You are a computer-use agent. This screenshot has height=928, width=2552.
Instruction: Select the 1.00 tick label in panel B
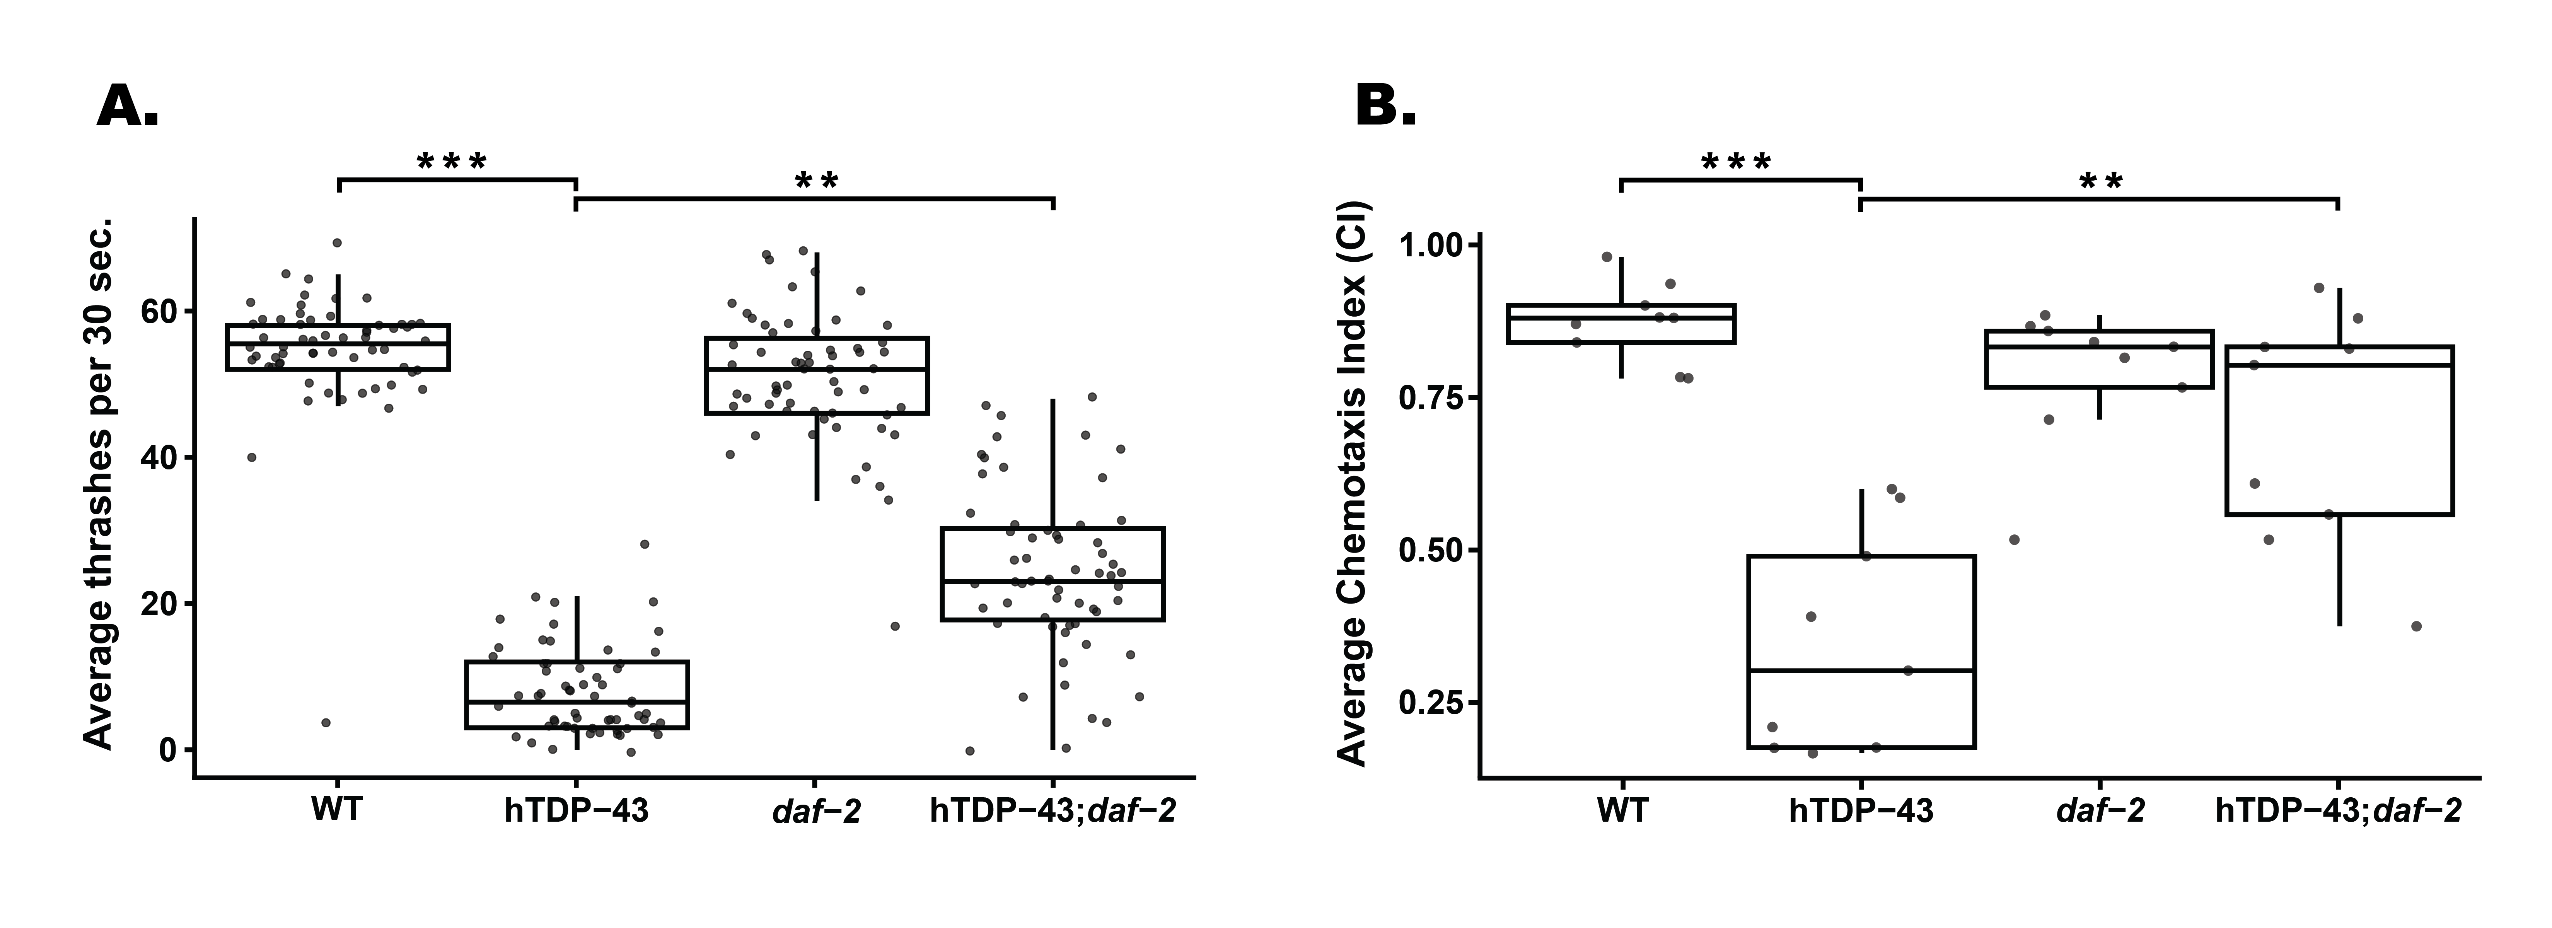coord(1430,245)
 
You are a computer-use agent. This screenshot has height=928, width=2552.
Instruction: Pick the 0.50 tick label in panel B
coord(1430,551)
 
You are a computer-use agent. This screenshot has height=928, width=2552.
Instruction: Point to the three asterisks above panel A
coord(452,162)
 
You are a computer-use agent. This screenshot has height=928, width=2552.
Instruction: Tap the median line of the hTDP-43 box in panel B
coord(1861,670)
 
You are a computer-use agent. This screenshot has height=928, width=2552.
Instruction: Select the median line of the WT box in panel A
coord(338,343)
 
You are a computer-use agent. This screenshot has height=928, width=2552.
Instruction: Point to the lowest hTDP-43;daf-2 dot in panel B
coord(2416,626)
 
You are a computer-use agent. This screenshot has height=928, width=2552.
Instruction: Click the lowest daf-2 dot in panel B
coord(2014,540)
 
